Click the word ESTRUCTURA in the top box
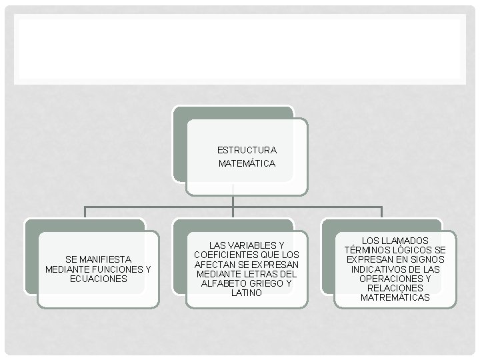tap(247, 150)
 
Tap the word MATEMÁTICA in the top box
tap(247, 163)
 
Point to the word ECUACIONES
tap(98, 279)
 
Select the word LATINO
tap(246, 293)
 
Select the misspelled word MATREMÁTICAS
tap(395, 297)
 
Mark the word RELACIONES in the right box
tap(395, 288)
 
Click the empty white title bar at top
tap(240, 50)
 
